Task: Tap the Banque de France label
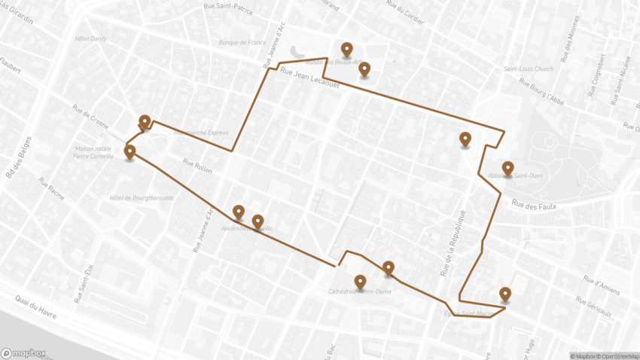tap(242, 43)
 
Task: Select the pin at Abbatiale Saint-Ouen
tap(507, 168)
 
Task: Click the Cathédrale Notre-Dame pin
tap(360, 282)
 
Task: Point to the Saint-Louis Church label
tap(528, 69)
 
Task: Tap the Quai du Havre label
tap(35, 305)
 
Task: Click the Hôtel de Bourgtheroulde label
tap(142, 198)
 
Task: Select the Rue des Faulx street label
tap(533, 203)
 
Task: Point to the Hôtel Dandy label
tap(91, 38)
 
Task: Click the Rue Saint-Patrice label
tap(227, 8)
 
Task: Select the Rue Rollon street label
tap(197, 166)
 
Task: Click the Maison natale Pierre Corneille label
tap(93, 153)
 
